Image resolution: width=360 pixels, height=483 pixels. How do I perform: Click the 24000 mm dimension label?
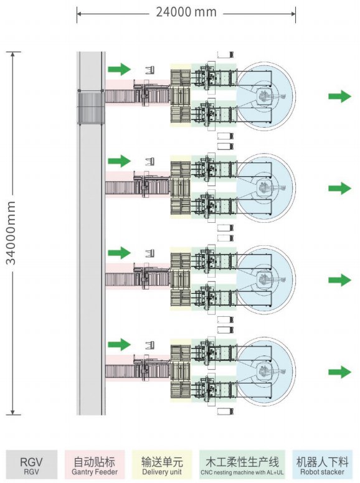click(186, 12)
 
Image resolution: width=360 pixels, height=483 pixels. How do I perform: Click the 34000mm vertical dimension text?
click(11, 233)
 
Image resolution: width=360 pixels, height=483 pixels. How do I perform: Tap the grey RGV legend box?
click(31, 464)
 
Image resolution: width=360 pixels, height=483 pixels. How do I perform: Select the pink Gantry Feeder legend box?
click(95, 464)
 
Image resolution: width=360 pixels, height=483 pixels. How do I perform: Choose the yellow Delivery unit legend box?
click(162, 464)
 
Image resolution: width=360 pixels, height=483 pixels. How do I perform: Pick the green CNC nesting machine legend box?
click(242, 464)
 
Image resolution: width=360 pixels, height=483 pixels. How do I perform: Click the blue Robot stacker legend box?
click(322, 464)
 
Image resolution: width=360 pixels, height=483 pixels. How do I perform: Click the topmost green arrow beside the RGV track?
click(120, 69)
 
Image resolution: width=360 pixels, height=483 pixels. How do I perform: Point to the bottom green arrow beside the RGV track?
click(120, 344)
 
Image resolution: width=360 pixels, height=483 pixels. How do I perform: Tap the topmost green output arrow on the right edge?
click(339, 96)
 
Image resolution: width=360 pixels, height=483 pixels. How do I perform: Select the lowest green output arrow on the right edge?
click(339, 372)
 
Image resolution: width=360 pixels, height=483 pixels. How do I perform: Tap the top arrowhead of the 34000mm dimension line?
click(12, 55)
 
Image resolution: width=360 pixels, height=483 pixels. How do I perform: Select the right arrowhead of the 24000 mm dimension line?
click(293, 14)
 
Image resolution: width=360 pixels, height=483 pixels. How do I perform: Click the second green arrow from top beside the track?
click(120, 161)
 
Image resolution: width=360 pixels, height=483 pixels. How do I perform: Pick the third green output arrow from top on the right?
click(339, 280)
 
